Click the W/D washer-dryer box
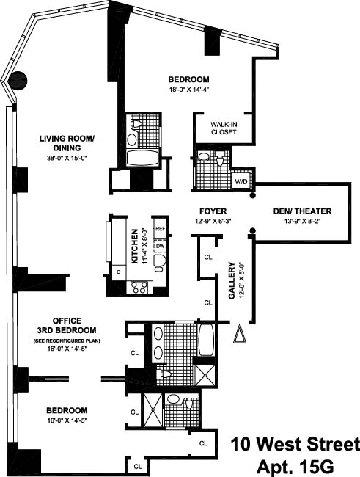241,181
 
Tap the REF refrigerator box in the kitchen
160,229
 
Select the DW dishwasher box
160,246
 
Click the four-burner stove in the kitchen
139,288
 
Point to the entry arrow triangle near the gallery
240,333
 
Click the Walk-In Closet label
224,128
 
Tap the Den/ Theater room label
302,211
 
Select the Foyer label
213,211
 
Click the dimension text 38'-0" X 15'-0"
67,159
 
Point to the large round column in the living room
18,81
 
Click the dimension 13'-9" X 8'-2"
303,222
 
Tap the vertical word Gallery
232,280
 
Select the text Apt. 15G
295,466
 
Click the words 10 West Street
295,444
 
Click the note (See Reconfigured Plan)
67,341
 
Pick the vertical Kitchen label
134,247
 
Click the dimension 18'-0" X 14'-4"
189,90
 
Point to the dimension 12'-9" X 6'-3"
213,222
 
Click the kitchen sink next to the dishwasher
159,263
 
